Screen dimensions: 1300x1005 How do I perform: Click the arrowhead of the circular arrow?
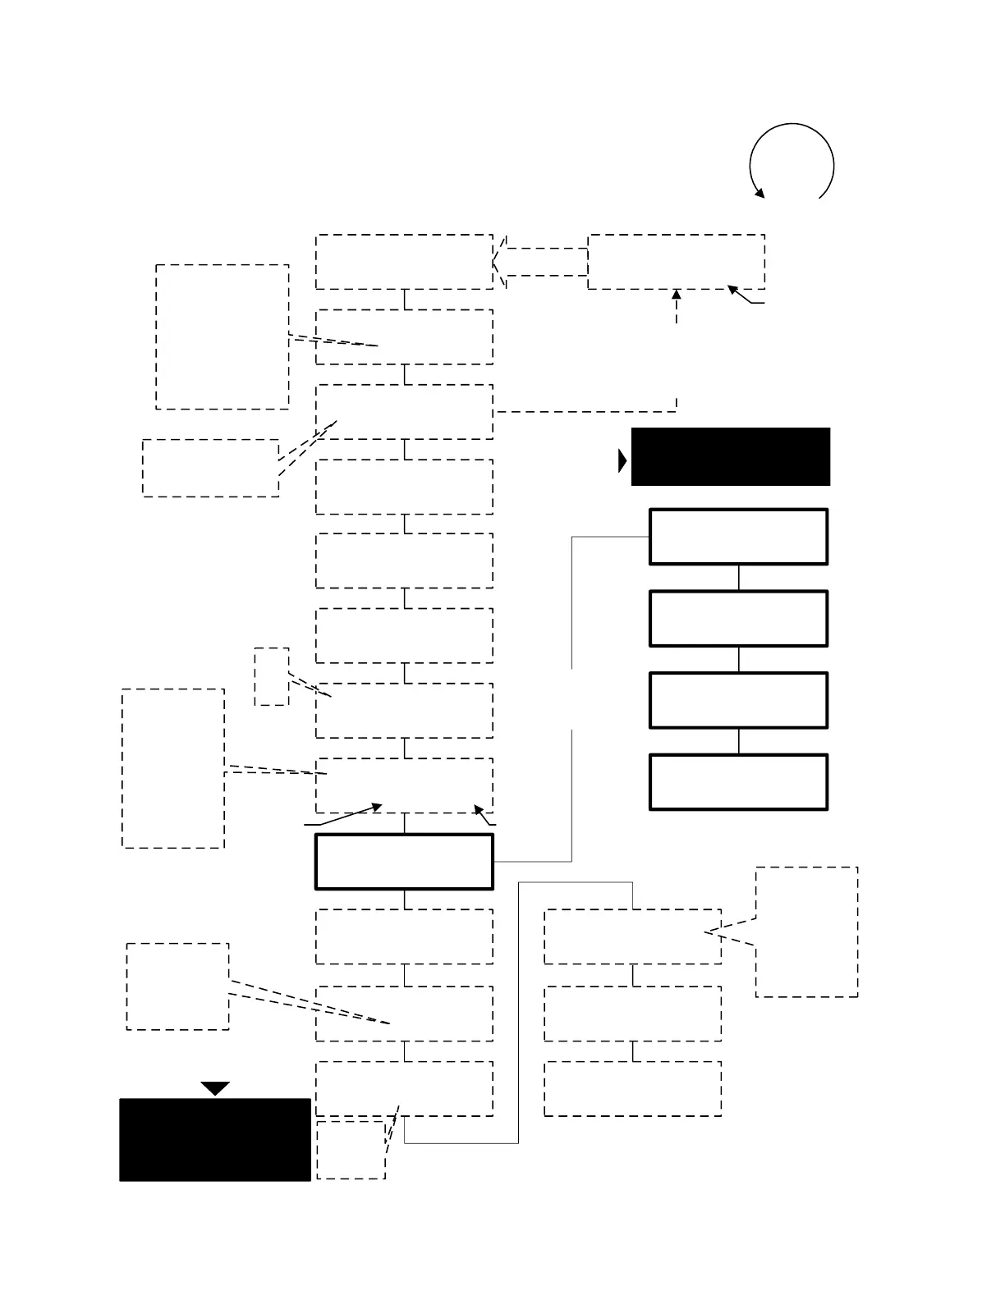click(759, 194)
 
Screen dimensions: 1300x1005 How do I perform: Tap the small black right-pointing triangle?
click(622, 461)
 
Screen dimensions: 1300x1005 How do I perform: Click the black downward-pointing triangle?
click(215, 1088)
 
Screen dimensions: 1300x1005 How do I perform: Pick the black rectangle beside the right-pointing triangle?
click(730, 456)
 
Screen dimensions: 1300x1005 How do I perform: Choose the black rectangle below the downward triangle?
click(215, 1139)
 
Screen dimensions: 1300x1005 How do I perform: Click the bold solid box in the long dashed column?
click(404, 862)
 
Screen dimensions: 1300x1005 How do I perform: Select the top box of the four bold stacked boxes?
click(738, 537)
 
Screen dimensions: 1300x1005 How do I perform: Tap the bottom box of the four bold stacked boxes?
click(738, 782)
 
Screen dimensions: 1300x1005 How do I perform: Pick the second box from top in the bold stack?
click(738, 619)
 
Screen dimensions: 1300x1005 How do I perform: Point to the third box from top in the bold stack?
click(738, 700)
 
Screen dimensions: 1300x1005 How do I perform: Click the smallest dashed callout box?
click(271, 676)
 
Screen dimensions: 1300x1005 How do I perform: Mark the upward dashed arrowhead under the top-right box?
click(677, 294)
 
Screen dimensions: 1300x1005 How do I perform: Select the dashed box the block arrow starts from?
click(677, 262)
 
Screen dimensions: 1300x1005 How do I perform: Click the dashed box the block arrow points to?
click(404, 262)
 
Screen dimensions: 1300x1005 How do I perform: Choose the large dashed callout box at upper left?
click(222, 336)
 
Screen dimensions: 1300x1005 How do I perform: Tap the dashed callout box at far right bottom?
click(806, 932)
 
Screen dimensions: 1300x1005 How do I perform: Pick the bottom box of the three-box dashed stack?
click(632, 1088)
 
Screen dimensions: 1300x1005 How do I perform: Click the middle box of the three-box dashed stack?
click(632, 1014)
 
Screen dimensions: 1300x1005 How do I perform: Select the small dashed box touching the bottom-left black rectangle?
click(351, 1150)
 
